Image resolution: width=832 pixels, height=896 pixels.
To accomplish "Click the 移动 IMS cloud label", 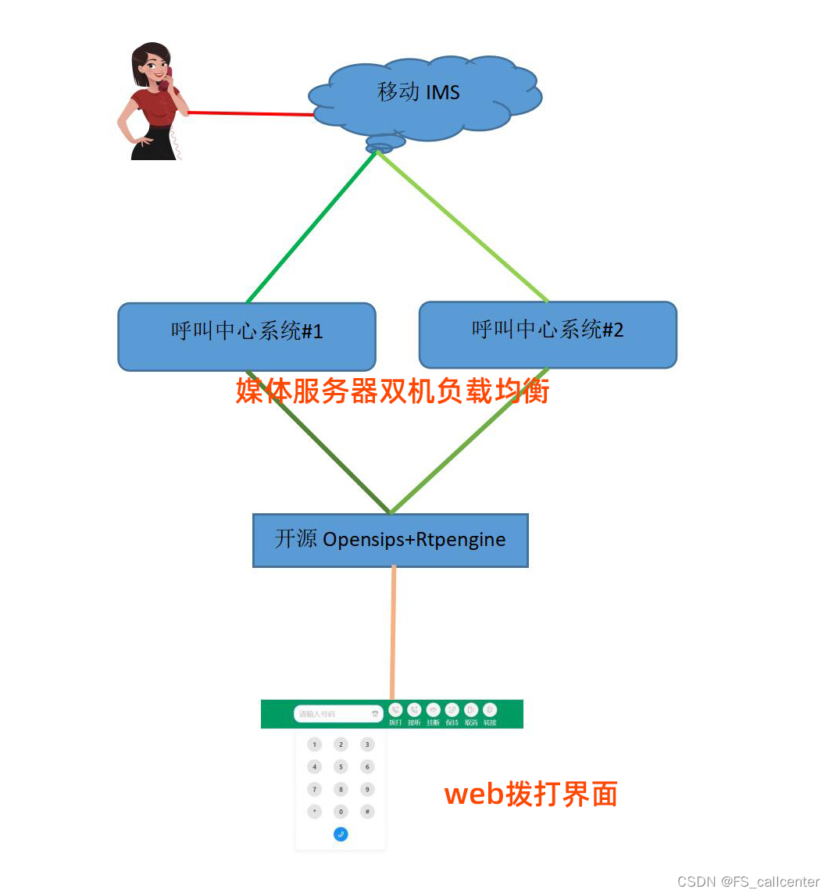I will [419, 92].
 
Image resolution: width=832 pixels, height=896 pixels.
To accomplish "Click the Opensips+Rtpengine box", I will [391, 540].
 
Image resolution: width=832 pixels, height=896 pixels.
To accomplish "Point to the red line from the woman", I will [250, 113].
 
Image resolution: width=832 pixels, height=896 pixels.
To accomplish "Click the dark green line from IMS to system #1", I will [312, 227].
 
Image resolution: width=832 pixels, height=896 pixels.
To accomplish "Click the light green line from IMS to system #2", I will [461, 227].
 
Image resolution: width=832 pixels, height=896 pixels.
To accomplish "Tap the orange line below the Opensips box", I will [393, 633].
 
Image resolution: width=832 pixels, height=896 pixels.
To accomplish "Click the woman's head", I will [152, 64].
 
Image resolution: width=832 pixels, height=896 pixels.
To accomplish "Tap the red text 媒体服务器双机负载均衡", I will [392, 391].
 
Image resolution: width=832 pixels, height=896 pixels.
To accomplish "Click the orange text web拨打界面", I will [531, 794].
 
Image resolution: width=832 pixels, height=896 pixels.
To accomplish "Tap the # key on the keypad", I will [367, 812].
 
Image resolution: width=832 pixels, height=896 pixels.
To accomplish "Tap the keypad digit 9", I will [367, 789].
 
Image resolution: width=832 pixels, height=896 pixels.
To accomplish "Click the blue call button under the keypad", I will [341, 834].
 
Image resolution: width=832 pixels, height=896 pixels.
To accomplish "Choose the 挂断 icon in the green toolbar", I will [433, 710].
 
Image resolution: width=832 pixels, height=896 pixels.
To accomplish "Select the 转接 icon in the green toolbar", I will [490, 710].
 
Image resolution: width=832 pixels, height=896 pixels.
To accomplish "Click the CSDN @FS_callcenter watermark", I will [748, 882].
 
